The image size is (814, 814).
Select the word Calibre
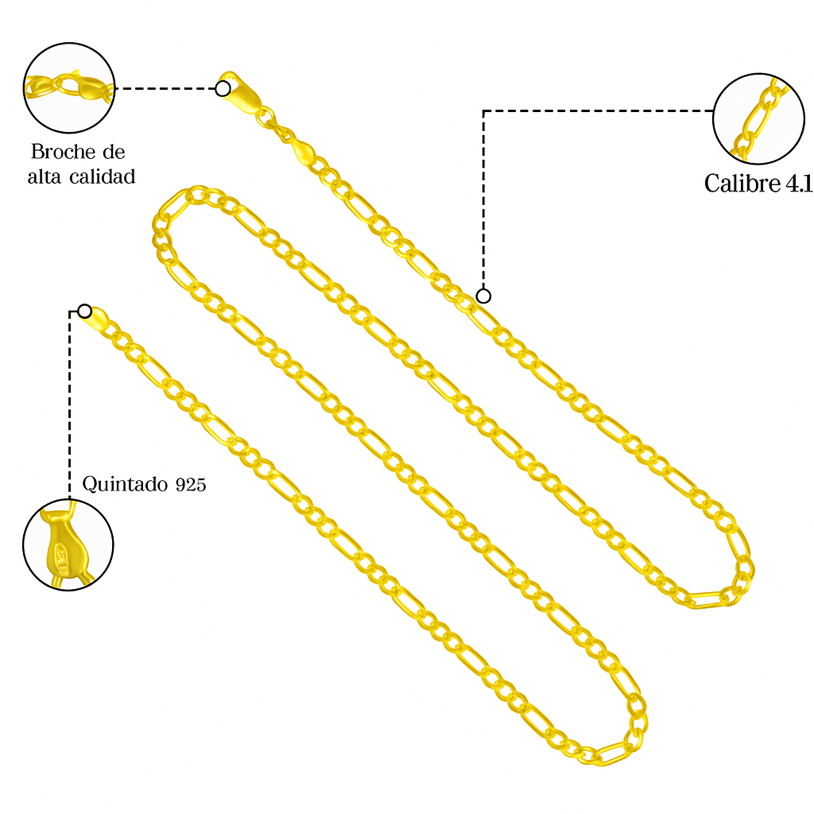(x=742, y=184)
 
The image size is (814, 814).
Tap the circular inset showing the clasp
(x=69, y=87)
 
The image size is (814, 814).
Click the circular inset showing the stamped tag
(x=68, y=545)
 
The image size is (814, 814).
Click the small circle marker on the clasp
(x=223, y=88)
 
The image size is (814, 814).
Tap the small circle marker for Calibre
(x=483, y=297)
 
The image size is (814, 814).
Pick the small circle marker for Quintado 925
(x=84, y=311)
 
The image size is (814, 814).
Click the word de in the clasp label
(x=114, y=152)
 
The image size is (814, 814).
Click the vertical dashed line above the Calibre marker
(x=483, y=199)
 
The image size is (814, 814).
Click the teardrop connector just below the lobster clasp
(x=300, y=149)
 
